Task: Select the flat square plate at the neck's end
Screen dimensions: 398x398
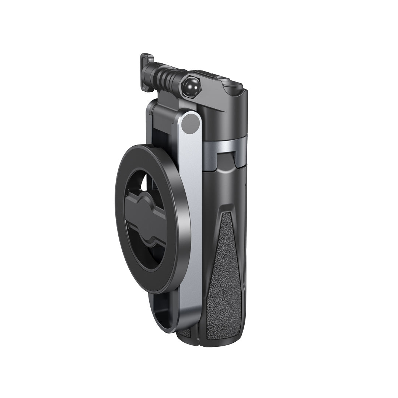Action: coord(147,72)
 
